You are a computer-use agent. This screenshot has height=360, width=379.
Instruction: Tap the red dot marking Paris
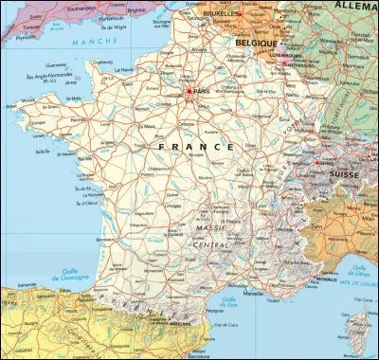pos(191,92)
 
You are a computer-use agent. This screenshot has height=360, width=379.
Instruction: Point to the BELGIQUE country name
pos(256,44)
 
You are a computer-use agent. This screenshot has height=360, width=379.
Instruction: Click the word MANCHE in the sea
pos(82,43)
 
